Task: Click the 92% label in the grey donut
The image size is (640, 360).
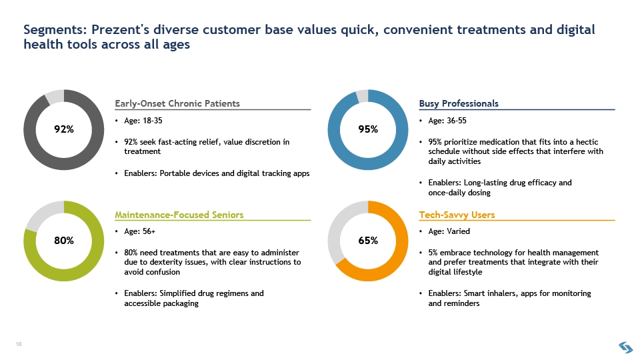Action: point(64,129)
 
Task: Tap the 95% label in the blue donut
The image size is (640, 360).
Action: point(368,129)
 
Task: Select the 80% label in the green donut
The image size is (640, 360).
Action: point(64,241)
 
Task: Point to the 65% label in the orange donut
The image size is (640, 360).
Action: point(368,241)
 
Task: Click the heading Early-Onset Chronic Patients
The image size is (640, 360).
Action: point(177,104)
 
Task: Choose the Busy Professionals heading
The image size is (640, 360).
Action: point(459,104)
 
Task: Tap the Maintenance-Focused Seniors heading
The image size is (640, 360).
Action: point(179,215)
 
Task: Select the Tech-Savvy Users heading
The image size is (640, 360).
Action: point(457,215)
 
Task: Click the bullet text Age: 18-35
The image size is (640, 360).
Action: point(143,121)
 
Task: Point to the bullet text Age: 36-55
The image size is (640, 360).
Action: point(447,121)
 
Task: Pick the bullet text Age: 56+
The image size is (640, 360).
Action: point(139,231)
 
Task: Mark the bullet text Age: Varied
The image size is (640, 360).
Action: point(449,231)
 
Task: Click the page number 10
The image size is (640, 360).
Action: point(19,344)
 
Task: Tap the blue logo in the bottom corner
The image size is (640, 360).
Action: point(626,347)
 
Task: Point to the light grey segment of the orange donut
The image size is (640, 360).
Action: point(336,229)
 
